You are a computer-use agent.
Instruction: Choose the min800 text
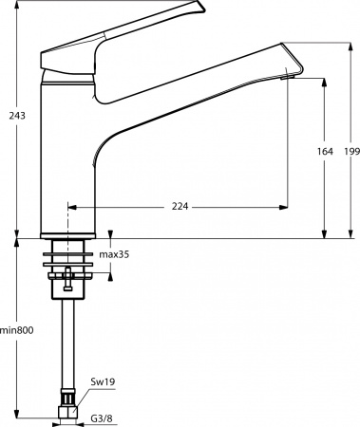tap(16, 329)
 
